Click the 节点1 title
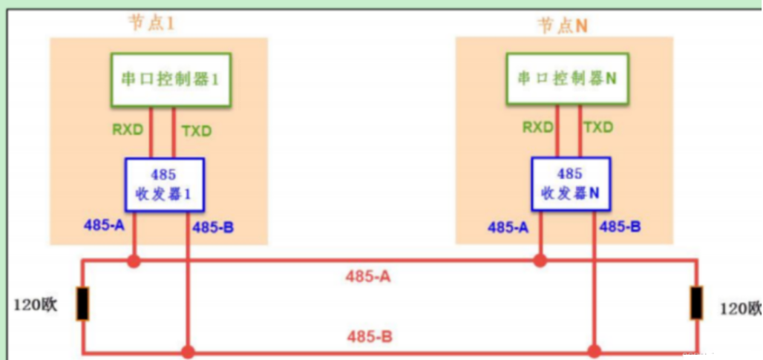(x=151, y=23)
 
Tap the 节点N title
(x=562, y=25)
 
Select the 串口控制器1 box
(x=171, y=79)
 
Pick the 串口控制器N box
(x=567, y=78)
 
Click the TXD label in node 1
(x=196, y=131)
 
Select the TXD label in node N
(x=598, y=127)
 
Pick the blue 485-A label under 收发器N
(x=508, y=227)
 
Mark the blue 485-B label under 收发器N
(x=620, y=227)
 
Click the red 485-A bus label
(x=369, y=277)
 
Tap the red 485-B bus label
(x=370, y=337)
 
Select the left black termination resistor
(x=82, y=304)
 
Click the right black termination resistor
(x=697, y=303)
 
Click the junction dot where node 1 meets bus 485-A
(x=134, y=261)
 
